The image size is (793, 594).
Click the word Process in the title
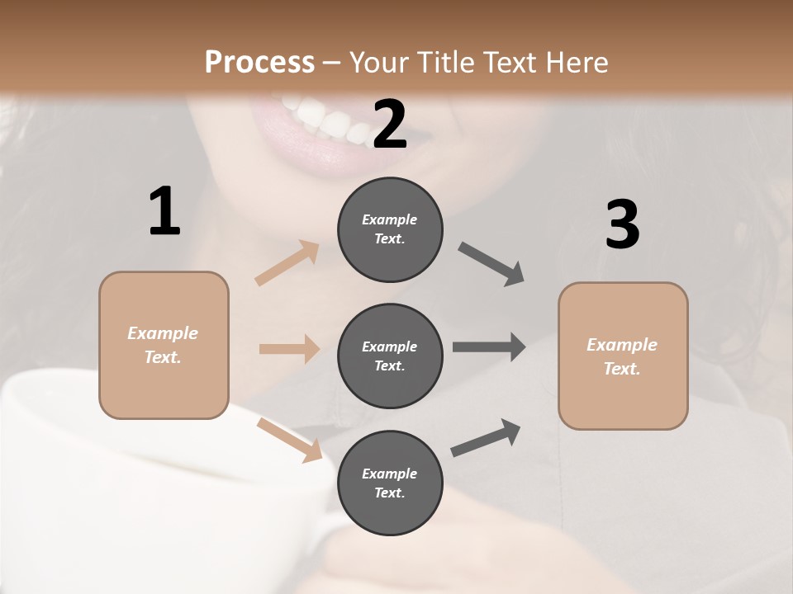click(259, 62)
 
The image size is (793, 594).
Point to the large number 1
click(164, 212)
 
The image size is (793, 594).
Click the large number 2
click(390, 124)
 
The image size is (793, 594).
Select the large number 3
click(622, 224)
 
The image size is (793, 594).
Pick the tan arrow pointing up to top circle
click(287, 263)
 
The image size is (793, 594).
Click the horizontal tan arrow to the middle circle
click(289, 349)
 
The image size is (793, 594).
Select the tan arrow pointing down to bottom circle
click(289, 439)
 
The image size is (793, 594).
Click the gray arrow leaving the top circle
click(491, 264)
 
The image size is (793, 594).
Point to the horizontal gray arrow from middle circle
click(489, 346)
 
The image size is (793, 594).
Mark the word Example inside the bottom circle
click(390, 474)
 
